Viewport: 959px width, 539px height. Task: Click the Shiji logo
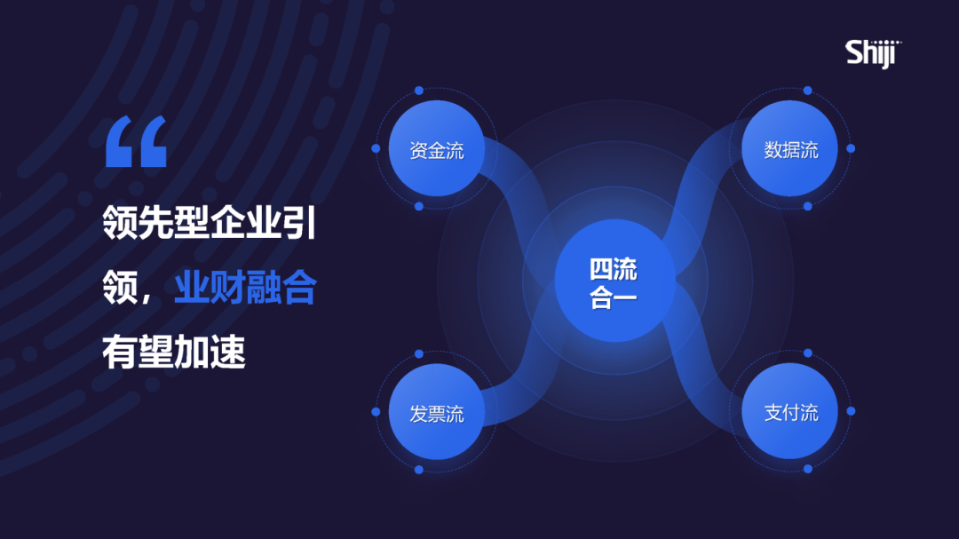click(x=873, y=52)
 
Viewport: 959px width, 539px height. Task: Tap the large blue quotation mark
click(x=136, y=142)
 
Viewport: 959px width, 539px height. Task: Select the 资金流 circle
click(x=436, y=148)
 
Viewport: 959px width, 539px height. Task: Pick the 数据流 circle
click(x=789, y=148)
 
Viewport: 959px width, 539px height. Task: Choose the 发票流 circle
click(x=436, y=413)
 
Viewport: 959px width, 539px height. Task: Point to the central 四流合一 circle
click(x=614, y=282)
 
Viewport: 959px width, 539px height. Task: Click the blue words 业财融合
click(x=245, y=288)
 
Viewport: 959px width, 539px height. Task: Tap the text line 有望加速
click(x=174, y=353)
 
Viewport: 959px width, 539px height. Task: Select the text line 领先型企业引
click(x=210, y=223)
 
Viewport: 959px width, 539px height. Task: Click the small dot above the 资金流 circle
click(x=419, y=91)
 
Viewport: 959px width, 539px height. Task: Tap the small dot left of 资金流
click(x=376, y=148)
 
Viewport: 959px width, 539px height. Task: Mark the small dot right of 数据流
click(x=851, y=148)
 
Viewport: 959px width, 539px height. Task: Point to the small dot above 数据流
click(x=807, y=91)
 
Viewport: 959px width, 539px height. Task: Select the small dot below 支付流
click(x=807, y=469)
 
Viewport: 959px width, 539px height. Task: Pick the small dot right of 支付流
click(x=851, y=411)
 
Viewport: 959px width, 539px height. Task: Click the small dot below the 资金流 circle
click(x=419, y=206)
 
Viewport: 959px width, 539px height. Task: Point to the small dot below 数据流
click(x=807, y=206)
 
